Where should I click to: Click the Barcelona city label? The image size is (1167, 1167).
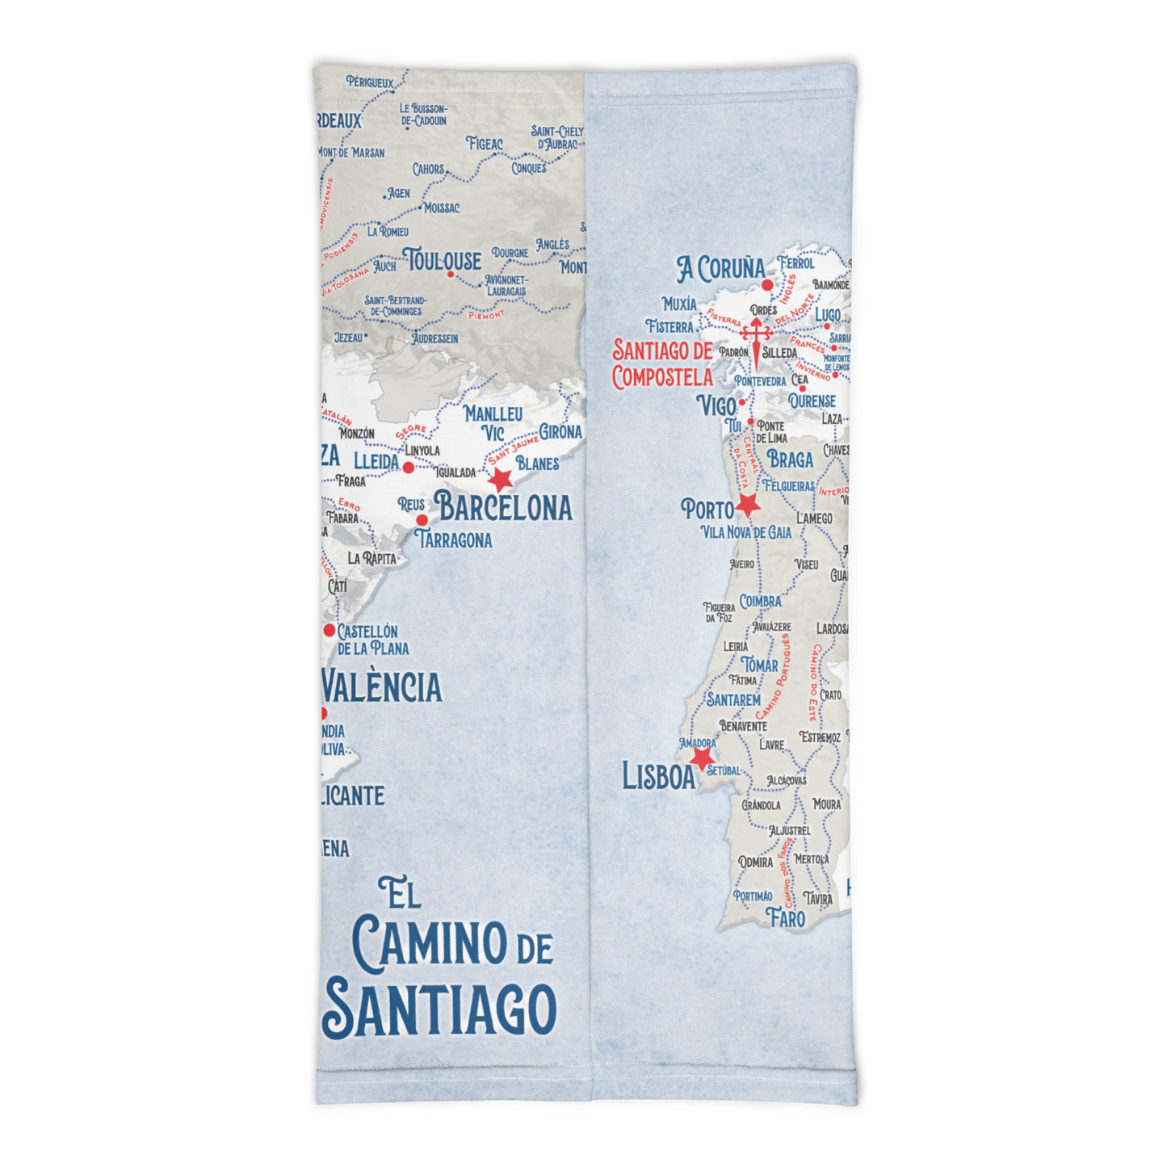pos(504,507)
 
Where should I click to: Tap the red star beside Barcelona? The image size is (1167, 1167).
pos(501,479)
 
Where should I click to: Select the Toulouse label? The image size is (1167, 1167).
pos(443,261)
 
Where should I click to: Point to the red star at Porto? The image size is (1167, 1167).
pos(748,506)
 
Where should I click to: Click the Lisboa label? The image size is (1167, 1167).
pos(658,777)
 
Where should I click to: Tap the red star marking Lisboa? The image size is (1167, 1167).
pos(701,758)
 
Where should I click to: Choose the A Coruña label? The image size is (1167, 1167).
pos(720,269)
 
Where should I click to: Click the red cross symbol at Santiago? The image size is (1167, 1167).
pos(756,334)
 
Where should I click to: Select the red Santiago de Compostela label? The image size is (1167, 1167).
pos(662,363)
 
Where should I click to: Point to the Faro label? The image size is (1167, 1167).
pos(786,918)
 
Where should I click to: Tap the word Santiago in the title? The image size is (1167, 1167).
pos(440,1010)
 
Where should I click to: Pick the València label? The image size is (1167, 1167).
pos(382,687)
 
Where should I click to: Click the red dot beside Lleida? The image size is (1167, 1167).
pos(409,468)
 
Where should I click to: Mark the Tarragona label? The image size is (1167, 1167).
pos(454,539)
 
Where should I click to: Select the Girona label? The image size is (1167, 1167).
pos(560,432)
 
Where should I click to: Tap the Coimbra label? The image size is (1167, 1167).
pos(761,602)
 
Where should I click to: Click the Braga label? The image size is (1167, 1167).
pos(790,460)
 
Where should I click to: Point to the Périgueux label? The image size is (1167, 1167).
pos(370,82)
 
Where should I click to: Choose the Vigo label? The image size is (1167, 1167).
pos(716,405)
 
